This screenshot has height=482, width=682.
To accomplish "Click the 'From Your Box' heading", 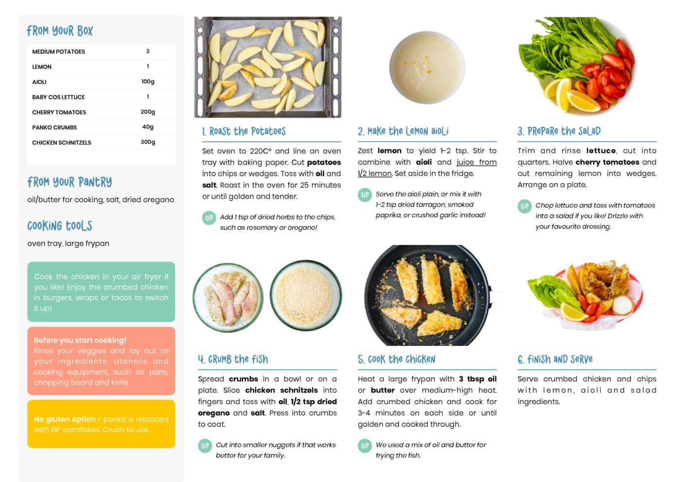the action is tap(60, 31).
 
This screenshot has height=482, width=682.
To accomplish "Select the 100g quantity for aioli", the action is tap(148, 82).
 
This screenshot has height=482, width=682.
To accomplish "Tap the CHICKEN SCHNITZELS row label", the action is tap(62, 142).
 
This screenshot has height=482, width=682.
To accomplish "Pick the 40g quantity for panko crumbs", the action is tap(148, 127).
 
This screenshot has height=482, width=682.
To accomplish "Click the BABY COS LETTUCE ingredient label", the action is tap(58, 97).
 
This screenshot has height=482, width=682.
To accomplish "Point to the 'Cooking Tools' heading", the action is tap(60, 226).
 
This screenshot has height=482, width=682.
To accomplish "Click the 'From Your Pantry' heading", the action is tap(70, 182).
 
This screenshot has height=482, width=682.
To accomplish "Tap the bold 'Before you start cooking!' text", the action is tap(80, 340).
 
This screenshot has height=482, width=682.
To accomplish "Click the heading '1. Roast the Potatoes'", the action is tap(244, 131).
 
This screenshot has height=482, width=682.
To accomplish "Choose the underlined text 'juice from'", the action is tap(476, 162).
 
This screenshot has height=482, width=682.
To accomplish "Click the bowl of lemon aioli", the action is tap(427, 68).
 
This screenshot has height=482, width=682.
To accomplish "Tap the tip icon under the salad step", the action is tap(525, 207).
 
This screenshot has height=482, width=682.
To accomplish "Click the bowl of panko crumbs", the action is tap(306, 296).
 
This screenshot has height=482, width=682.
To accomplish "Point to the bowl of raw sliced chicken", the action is tap(228, 297).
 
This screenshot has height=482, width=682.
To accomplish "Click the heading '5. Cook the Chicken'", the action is tap(396, 360).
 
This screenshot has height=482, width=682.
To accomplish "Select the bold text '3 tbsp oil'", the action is tap(478, 379).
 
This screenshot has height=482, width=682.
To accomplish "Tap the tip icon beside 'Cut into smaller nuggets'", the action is tap(205, 446).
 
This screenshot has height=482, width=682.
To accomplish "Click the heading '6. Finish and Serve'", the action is tap(555, 360).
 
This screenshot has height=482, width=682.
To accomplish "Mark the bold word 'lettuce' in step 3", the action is tap(601, 151).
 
